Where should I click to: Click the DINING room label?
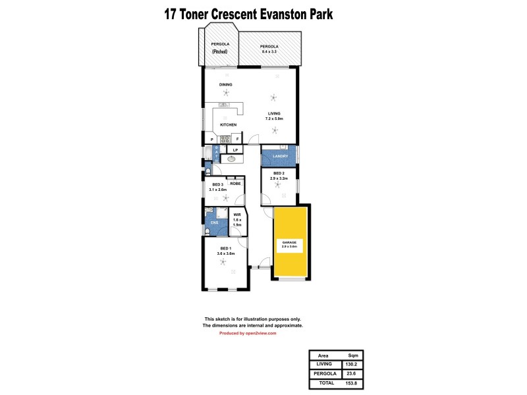point(226,85)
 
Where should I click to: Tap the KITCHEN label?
point(228,124)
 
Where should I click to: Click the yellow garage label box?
point(290,244)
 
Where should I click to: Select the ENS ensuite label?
point(214,223)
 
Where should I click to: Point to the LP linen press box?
point(235,150)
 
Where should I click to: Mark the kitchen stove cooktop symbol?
point(224,139)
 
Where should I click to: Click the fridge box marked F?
point(237,140)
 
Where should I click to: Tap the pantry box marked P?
point(211,140)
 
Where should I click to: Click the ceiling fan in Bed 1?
point(225,263)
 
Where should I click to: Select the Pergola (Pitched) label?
point(219,47)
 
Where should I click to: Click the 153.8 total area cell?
point(352,382)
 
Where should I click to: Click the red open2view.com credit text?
point(248,333)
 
